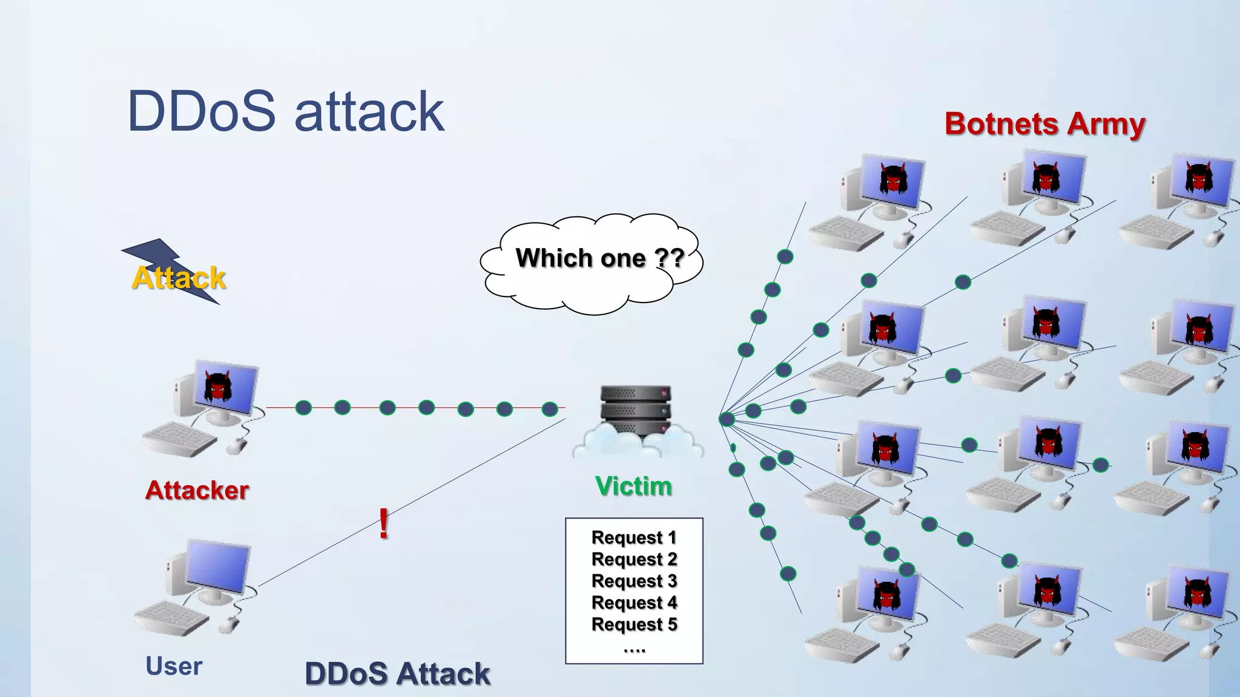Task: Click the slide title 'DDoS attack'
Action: point(286,111)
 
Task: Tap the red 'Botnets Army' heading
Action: point(1044,124)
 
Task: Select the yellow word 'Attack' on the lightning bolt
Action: point(179,278)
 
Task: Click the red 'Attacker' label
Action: point(197,490)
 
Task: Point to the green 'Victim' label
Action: point(633,486)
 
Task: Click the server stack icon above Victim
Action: point(636,411)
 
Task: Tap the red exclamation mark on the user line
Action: point(383,523)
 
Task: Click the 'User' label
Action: point(174,666)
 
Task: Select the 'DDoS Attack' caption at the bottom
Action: point(397,674)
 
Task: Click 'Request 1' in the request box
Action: point(633,537)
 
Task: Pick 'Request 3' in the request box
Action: point(633,581)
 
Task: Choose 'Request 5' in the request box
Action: point(633,624)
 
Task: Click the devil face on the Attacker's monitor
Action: point(218,387)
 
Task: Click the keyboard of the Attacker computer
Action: point(179,439)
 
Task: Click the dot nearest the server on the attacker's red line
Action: point(550,409)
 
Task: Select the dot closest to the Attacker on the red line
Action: point(303,408)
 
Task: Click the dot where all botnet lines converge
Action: point(727,419)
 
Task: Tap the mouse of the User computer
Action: point(229,624)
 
